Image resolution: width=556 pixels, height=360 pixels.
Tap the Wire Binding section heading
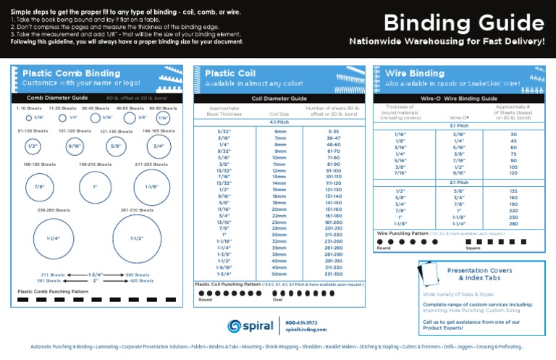(416, 73)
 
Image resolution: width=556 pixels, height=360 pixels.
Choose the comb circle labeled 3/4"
(159, 146)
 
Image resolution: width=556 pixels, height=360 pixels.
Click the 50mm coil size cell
(279, 275)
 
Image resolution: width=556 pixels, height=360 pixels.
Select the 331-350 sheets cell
(333, 275)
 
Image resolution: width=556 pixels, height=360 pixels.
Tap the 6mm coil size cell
(279, 130)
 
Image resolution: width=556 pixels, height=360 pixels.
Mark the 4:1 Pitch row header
(279, 122)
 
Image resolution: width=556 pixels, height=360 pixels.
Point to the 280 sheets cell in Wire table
(513, 224)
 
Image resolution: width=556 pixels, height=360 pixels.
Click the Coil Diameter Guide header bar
(279, 98)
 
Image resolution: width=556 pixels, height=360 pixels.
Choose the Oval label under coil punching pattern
(256, 299)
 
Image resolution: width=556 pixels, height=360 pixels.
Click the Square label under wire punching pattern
(473, 248)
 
